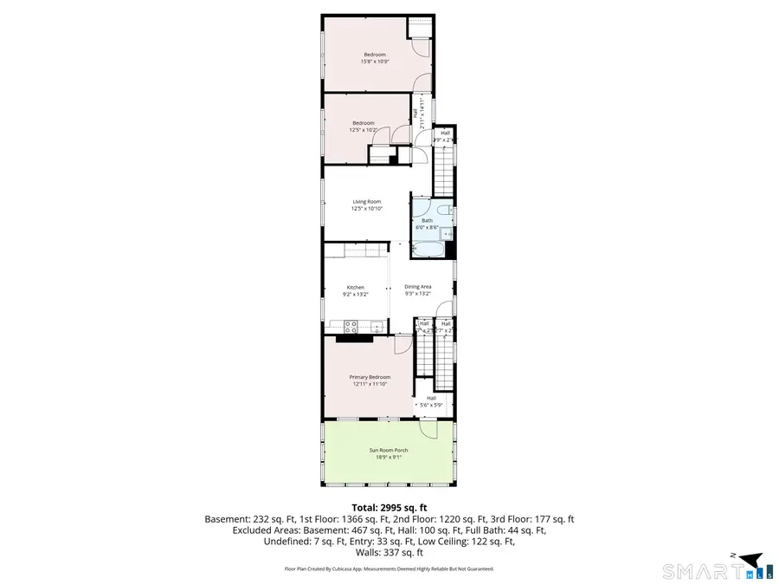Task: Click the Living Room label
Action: (x=366, y=202)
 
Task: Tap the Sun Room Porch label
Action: (x=389, y=451)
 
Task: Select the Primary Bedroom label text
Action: (x=370, y=377)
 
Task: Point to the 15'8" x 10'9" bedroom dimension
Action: (x=374, y=62)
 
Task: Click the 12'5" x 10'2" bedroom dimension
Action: (x=364, y=130)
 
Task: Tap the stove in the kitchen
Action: (x=352, y=327)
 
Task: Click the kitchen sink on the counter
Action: (x=377, y=327)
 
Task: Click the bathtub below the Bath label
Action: (x=428, y=250)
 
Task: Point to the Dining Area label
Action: (x=418, y=287)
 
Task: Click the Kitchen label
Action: (x=356, y=287)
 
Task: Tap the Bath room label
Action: (x=427, y=220)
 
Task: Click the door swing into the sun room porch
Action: (x=428, y=429)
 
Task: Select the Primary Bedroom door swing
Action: (x=403, y=345)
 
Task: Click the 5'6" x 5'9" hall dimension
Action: (x=431, y=405)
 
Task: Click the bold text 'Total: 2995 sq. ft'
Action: (x=389, y=508)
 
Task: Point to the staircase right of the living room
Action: (x=443, y=170)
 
